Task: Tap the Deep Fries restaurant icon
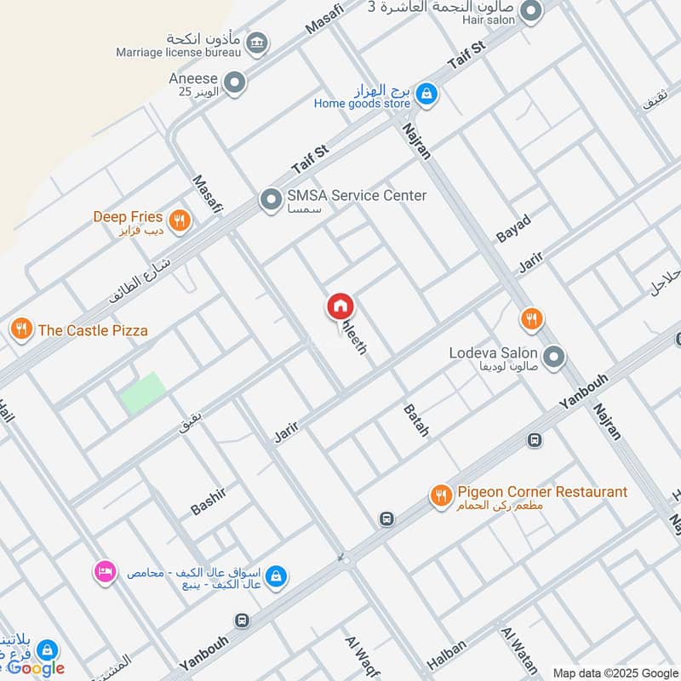(179, 220)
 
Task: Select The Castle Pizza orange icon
(21, 328)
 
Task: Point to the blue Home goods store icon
(427, 94)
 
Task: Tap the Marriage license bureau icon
(256, 42)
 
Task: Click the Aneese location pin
(235, 83)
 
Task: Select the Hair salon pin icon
(531, 11)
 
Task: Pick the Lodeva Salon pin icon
(554, 357)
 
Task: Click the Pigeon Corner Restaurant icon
(440, 495)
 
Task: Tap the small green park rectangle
(142, 392)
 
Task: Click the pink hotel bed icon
(104, 572)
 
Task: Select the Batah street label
(416, 421)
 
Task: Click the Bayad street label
(513, 229)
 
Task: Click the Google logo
(36, 668)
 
